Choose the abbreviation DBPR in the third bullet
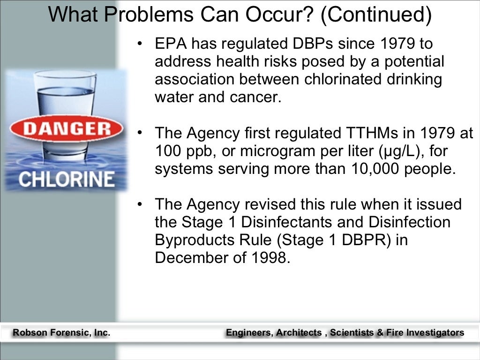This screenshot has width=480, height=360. pos(362,240)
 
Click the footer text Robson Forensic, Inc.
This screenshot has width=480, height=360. pos(61,333)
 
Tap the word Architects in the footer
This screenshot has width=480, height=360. pos(299,333)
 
